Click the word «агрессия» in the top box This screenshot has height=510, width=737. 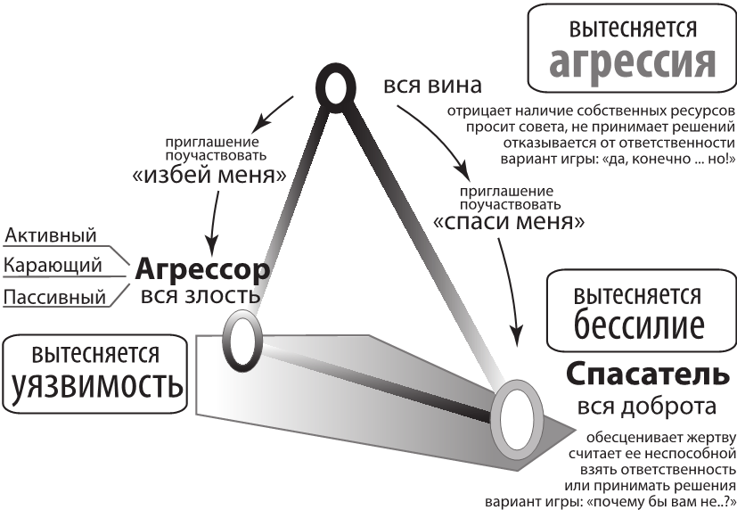tap(633, 62)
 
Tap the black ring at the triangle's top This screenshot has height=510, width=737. tap(333, 88)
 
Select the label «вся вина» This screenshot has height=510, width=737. tap(432, 86)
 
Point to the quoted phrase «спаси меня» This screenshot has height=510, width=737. tap(509, 221)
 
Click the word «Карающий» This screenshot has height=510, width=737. tap(53, 265)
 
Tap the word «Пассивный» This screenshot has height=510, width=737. tap(55, 295)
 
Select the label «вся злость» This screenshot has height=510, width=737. tap(201, 295)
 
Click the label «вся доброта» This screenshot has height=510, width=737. tap(646, 407)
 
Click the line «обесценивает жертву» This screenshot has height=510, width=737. tap(659, 436)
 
